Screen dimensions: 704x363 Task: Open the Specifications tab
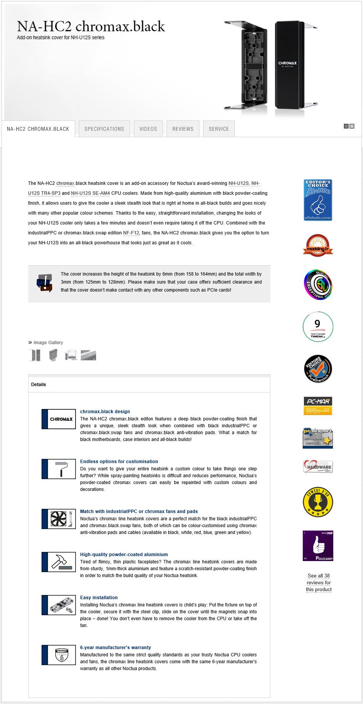click(104, 129)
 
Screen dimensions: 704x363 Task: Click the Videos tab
click(148, 129)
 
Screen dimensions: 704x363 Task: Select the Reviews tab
click(183, 129)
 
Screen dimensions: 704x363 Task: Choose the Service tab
click(219, 129)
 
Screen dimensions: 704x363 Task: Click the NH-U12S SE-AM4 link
click(90, 193)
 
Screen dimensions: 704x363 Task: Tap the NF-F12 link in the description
click(131, 233)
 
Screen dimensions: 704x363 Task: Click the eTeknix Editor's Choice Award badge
click(318, 200)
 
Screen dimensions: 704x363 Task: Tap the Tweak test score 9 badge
click(318, 327)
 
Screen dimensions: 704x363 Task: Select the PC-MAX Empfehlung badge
click(318, 406)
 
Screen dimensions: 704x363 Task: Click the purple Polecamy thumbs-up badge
click(318, 545)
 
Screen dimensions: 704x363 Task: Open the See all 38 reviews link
click(319, 582)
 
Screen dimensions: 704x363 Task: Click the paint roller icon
click(61, 469)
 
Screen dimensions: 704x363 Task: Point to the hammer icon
click(61, 562)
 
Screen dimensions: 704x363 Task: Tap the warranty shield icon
click(61, 655)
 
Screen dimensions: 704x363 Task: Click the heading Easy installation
click(99, 598)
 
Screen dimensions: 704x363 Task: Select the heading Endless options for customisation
click(119, 462)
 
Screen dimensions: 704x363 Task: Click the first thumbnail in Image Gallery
click(35, 355)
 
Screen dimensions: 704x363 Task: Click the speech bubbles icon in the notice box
click(44, 283)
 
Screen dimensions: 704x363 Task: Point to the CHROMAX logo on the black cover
click(288, 64)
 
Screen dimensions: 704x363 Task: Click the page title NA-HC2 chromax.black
click(91, 27)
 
